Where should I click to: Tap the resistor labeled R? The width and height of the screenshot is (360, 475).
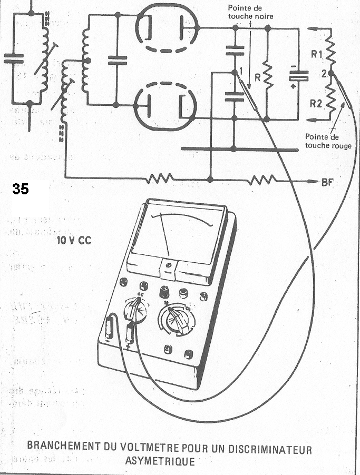(x=267, y=77)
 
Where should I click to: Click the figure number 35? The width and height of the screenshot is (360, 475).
(x=21, y=190)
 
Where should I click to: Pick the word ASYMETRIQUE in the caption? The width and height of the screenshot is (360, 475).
(x=161, y=462)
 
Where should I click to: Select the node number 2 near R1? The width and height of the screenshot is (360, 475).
(x=322, y=74)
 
